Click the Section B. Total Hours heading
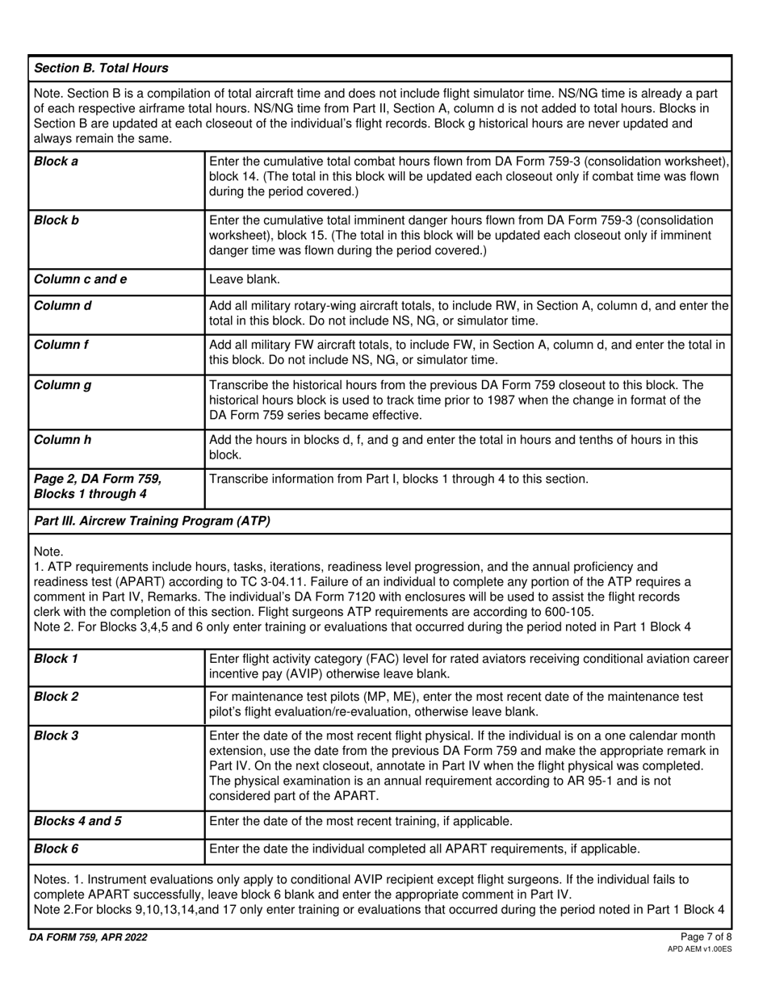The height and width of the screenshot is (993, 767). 101,68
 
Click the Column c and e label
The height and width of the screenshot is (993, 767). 80,279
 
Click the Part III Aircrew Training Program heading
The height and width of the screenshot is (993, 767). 152,521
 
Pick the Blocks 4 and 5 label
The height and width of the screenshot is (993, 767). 78,821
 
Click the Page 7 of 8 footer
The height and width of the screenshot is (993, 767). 706,937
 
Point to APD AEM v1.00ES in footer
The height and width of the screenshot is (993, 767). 700,949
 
